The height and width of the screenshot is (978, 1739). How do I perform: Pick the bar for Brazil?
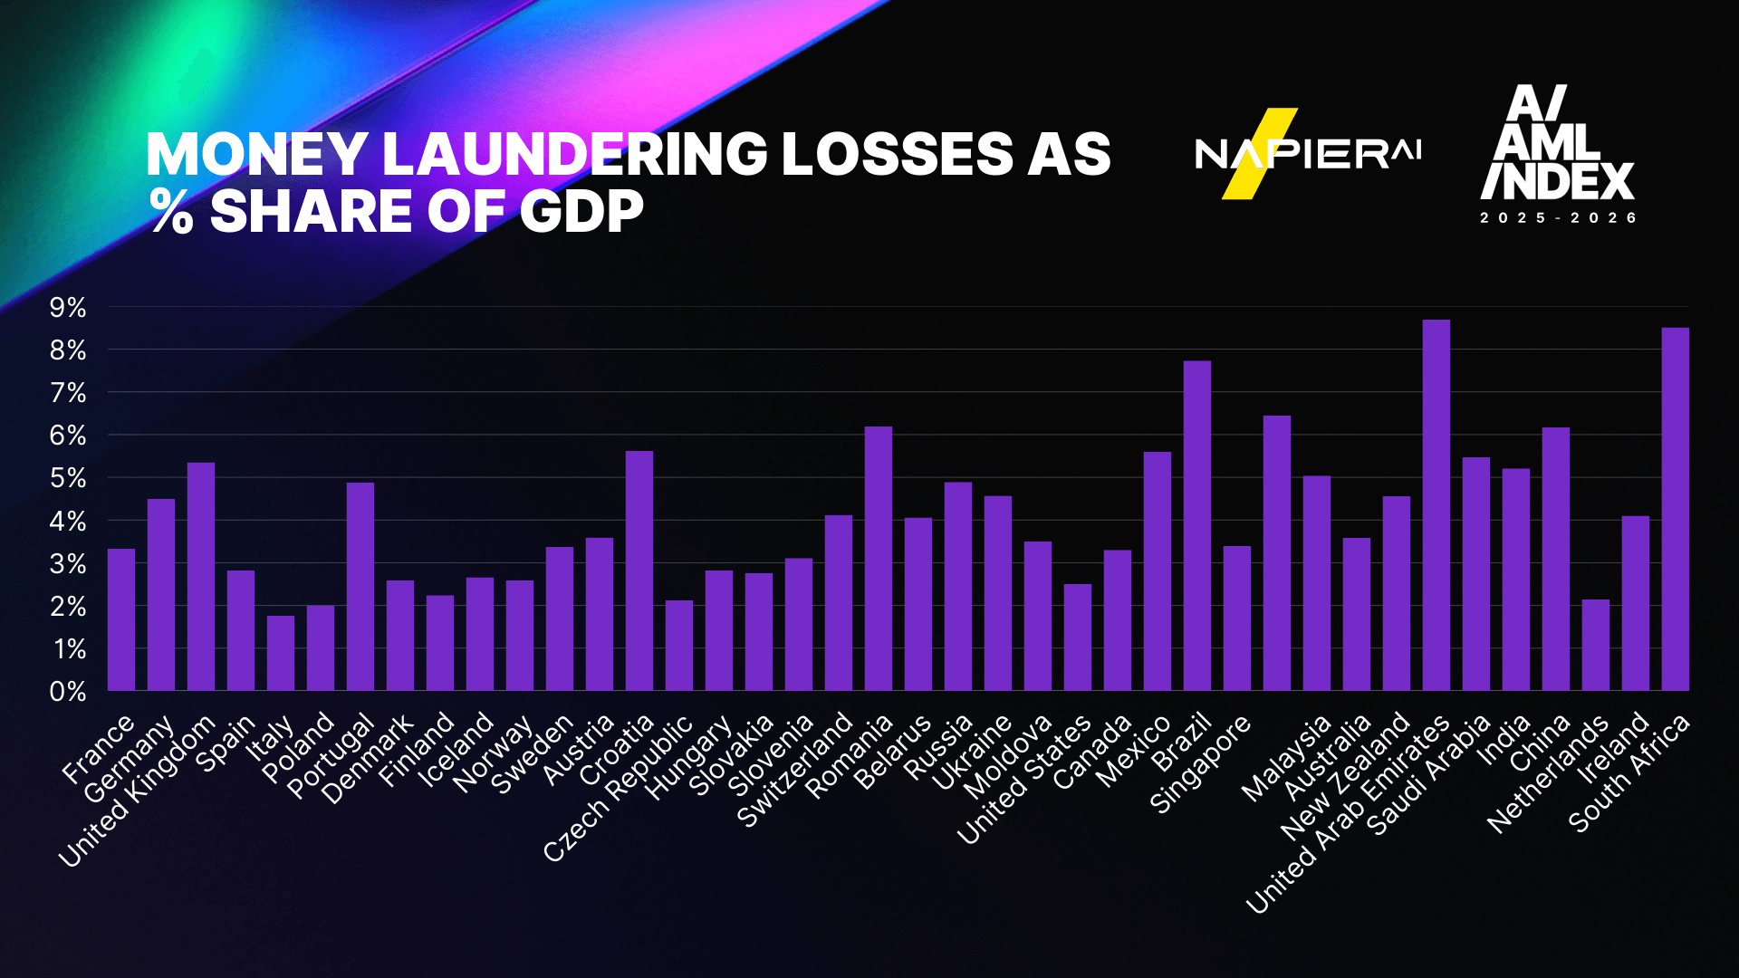pyautogui.click(x=1196, y=526)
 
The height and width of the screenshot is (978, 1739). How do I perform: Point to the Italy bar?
pyautogui.click(x=281, y=653)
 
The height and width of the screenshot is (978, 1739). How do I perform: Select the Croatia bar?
pyautogui.click(x=639, y=570)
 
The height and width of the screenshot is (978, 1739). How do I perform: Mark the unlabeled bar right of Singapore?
pyautogui.click(x=1276, y=553)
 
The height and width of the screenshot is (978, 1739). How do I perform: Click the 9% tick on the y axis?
pyautogui.click(x=68, y=308)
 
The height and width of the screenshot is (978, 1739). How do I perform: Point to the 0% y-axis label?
pyautogui.click(x=68, y=692)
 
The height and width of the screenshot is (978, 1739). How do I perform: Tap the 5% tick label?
pyautogui.click(x=68, y=478)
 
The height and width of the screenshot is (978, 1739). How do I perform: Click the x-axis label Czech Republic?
pyautogui.click(x=619, y=788)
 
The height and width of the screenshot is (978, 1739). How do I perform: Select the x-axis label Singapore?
pyautogui.click(x=1200, y=763)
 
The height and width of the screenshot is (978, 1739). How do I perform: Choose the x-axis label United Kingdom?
pyautogui.click(x=138, y=791)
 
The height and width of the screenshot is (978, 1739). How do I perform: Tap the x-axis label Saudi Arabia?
pyautogui.click(x=1427, y=775)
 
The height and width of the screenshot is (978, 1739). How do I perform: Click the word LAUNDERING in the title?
pyautogui.click(x=575, y=154)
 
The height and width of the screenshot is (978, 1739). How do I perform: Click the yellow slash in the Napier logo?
pyautogui.click(x=1259, y=154)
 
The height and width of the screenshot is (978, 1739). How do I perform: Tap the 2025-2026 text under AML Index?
pyautogui.click(x=1558, y=218)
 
